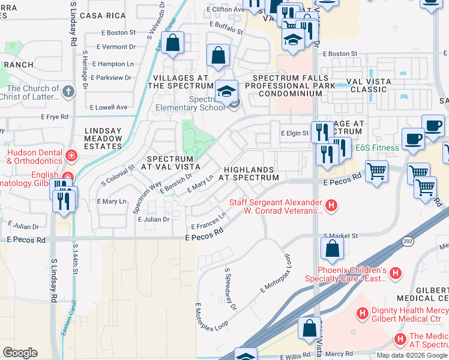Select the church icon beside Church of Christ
(68, 92)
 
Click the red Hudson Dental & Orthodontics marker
(71, 156)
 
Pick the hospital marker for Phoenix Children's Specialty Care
(395, 274)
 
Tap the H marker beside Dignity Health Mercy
(363, 313)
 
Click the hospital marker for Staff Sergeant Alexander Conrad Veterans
(331, 206)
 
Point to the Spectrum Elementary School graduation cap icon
(226, 91)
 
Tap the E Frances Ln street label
(208, 221)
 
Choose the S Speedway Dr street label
(231, 289)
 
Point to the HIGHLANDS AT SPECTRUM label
(249, 173)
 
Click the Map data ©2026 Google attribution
(412, 355)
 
